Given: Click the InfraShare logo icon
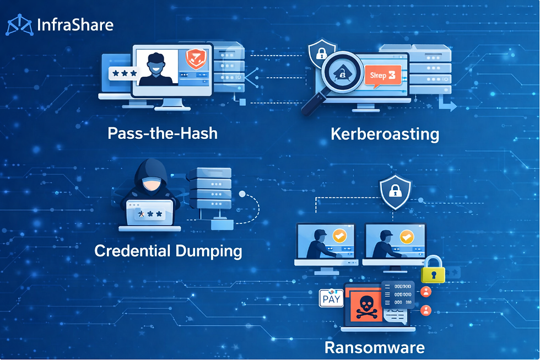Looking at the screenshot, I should (19, 25).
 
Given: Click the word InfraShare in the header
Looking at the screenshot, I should (75, 25).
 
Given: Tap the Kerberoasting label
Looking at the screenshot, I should (385, 134).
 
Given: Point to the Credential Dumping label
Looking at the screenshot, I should (168, 251).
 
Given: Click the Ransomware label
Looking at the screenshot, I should (374, 347).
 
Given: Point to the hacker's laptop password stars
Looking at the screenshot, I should (150, 213).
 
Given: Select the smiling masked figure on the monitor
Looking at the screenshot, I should (154, 69).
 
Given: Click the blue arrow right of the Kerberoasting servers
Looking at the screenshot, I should (449, 105).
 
